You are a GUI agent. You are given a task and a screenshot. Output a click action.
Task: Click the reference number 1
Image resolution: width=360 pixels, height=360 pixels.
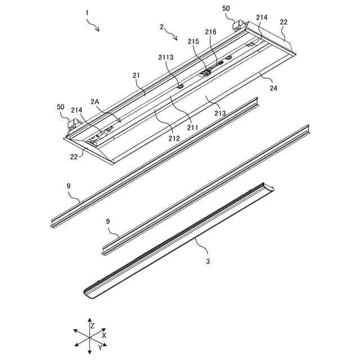[x=87, y=12]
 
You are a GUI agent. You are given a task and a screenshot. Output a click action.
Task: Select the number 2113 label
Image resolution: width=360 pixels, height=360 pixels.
[x=167, y=57]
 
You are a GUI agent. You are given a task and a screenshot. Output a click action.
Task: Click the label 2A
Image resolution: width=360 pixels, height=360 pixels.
[x=96, y=102]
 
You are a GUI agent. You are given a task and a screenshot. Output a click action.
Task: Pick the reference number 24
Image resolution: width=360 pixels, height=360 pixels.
[x=273, y=88]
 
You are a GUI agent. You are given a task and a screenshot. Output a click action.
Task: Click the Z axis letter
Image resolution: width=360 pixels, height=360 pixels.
[x=92, y=326]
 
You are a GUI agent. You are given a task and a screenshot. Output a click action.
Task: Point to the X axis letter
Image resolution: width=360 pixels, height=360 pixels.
[x=105, y=335]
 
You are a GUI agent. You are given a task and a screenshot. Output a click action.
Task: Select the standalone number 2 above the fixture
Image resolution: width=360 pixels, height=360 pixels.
[x=162, y=27]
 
